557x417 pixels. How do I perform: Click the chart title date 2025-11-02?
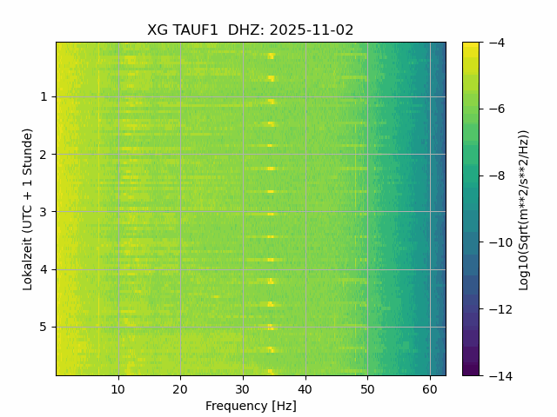(x=312, y=30)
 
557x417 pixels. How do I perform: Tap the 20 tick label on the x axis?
(x=180, y=388)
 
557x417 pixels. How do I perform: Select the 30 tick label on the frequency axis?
(x=243, y=388)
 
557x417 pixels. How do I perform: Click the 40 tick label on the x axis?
(x=305, y=388)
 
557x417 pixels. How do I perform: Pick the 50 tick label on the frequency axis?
(x=367, y=388)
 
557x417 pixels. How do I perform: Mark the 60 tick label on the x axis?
(x=429, y=388)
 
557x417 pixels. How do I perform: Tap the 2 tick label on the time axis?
(x=43, y=154)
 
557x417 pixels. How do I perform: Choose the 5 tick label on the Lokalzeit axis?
(x=43, y=327)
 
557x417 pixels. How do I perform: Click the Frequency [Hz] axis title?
(x=251, y=406)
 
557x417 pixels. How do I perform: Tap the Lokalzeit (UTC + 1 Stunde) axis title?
(x=28, y=208)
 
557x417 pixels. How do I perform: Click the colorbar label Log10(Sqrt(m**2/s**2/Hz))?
(x=523, y=208)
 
